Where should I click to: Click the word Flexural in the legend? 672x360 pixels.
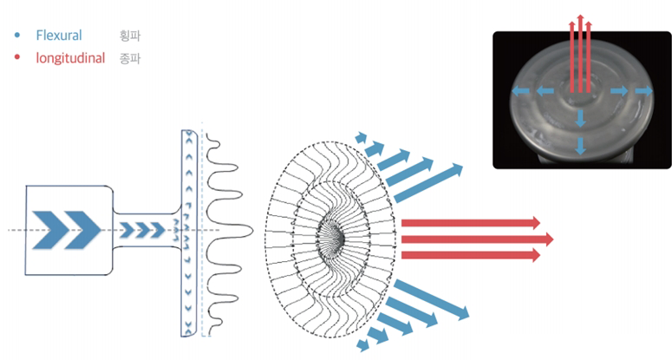pos(59,36)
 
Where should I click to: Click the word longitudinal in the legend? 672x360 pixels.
pos(70,58)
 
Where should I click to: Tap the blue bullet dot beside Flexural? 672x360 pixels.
pos(17,36)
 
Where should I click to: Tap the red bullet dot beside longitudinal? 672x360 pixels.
pos(17,57)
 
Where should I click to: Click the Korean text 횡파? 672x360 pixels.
pos(130,36)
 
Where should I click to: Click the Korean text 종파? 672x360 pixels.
pos(130,58)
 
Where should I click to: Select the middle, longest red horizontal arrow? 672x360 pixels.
pos(478,239)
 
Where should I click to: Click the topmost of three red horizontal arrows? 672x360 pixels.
pos(471,223)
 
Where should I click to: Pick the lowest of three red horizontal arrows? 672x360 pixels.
pos(471,255)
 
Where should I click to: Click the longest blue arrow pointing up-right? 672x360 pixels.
pos(428,183)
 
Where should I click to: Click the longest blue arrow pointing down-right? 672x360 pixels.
pos(431,299)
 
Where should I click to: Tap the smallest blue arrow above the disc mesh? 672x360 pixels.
pos(362,138)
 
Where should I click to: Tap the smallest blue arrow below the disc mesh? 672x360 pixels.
pos(363,344)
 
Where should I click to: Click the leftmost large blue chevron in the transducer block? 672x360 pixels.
pos(49,230)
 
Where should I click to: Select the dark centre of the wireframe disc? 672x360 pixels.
pos(335,235)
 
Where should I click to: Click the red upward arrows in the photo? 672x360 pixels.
pos(580,54)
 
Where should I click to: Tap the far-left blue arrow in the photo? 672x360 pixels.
pos(520,91)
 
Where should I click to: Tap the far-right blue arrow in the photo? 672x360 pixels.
pos(644,91)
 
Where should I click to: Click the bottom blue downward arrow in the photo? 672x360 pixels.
pos(580,146)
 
